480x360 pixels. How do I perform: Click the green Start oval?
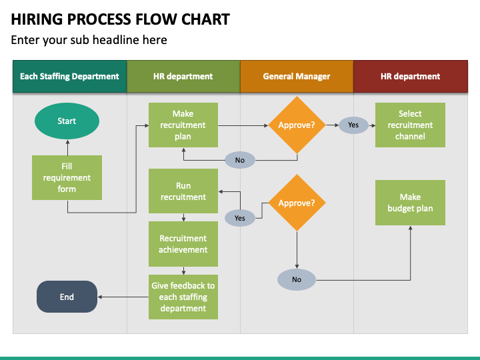pos(67,121)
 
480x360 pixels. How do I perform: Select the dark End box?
pos(67,297)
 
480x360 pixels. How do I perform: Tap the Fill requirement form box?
pos(67,177)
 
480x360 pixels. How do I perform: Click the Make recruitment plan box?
pos(183,125)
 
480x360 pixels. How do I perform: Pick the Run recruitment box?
pos(183,191)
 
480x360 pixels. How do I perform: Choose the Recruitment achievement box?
pos(183,244)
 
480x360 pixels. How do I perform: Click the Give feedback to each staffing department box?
pos(183,297)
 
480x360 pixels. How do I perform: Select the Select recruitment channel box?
pos(410,125)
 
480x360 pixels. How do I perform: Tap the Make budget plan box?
pos(410,203)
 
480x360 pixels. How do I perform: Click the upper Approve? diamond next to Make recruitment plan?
pos(297,125)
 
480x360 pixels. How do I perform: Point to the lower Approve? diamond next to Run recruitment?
pos(297,203)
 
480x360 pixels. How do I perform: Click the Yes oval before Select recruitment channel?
pos(353,125)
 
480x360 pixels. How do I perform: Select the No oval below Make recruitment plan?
pos(240,160)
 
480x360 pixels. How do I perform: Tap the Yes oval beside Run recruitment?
pos(240,218)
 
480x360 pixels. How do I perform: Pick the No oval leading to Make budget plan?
pos(297,279)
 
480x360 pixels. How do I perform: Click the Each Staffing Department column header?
pos(70,76)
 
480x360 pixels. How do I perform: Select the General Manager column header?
pos(297,76)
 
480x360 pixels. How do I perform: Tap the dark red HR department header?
pos(411,76)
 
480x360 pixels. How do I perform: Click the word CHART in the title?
pos(205,19)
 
